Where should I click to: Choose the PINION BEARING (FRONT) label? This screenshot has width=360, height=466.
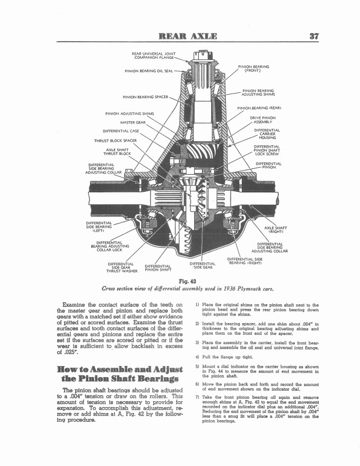[253, 69]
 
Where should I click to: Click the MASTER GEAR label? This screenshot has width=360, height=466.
[133, 122]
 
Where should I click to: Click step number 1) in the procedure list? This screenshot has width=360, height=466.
[196, 305]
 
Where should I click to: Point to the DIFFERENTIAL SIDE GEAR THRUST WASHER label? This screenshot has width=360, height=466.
[121, 267]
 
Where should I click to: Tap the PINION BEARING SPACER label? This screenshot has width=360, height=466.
[145, 97]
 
